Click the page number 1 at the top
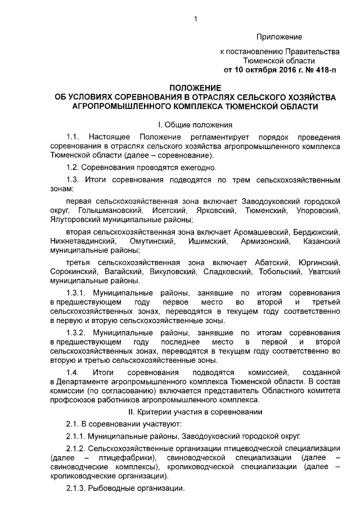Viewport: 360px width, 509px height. (x=195, y=20)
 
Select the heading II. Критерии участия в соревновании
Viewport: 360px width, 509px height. (x=194, y=412)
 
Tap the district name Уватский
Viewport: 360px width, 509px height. (x=325, y=272)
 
